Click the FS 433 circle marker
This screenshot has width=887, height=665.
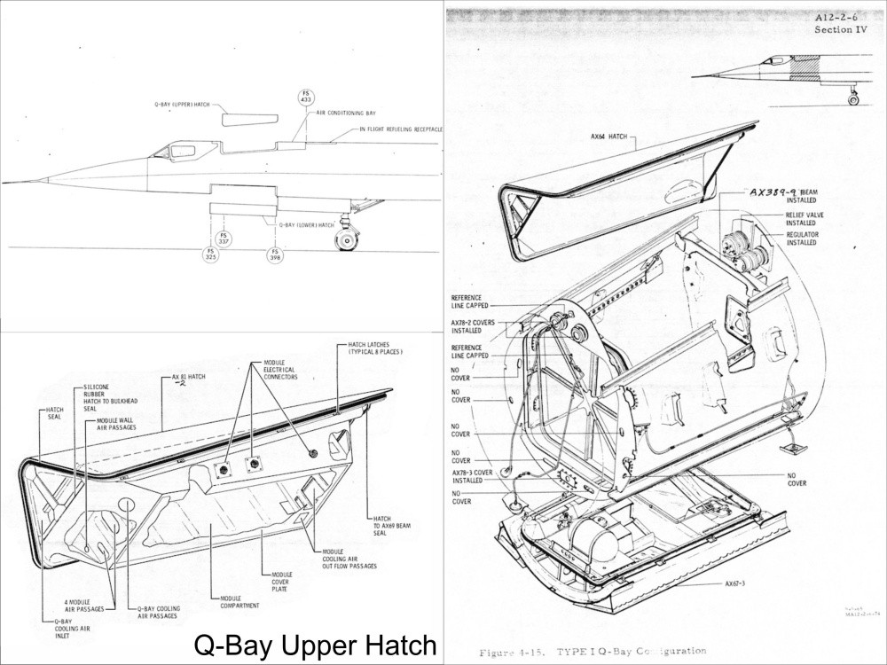(x=305, y=98)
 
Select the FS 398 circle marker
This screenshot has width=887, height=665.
(x=275, y=254)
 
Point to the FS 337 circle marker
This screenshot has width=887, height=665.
(x=224, y=238)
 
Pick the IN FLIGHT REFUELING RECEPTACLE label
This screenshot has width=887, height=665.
(x=401, y=129)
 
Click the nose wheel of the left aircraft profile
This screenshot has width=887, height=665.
(x=344, y=241)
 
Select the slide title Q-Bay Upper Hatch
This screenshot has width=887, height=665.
(x=315, y=645)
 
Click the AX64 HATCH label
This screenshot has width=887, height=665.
(x=608, y=137)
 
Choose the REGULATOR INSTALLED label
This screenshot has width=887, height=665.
(x=802, y=239)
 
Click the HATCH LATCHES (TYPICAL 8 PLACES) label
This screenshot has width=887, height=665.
(x=370, y=348)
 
